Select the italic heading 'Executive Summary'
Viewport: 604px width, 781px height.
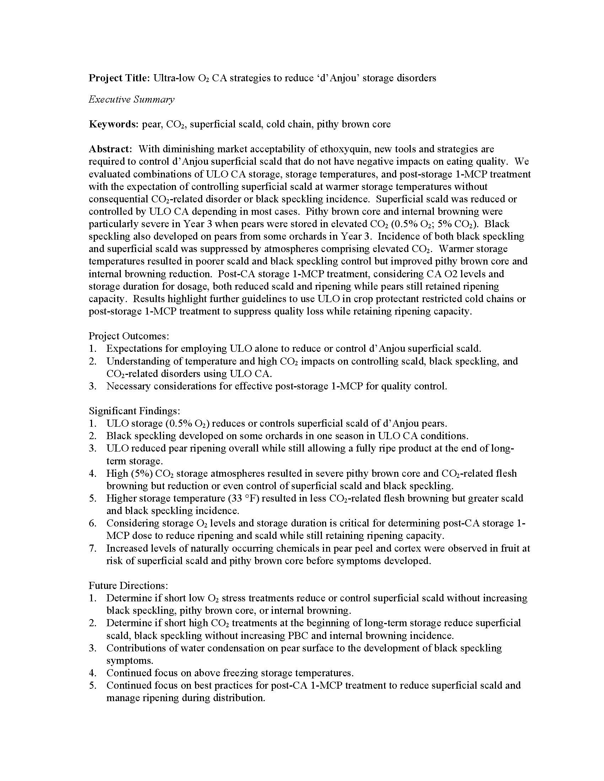[x=131, y=99]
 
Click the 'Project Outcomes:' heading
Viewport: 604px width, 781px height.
[x=129, y=336]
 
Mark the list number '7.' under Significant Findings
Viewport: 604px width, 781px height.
[x=93, y=548]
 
